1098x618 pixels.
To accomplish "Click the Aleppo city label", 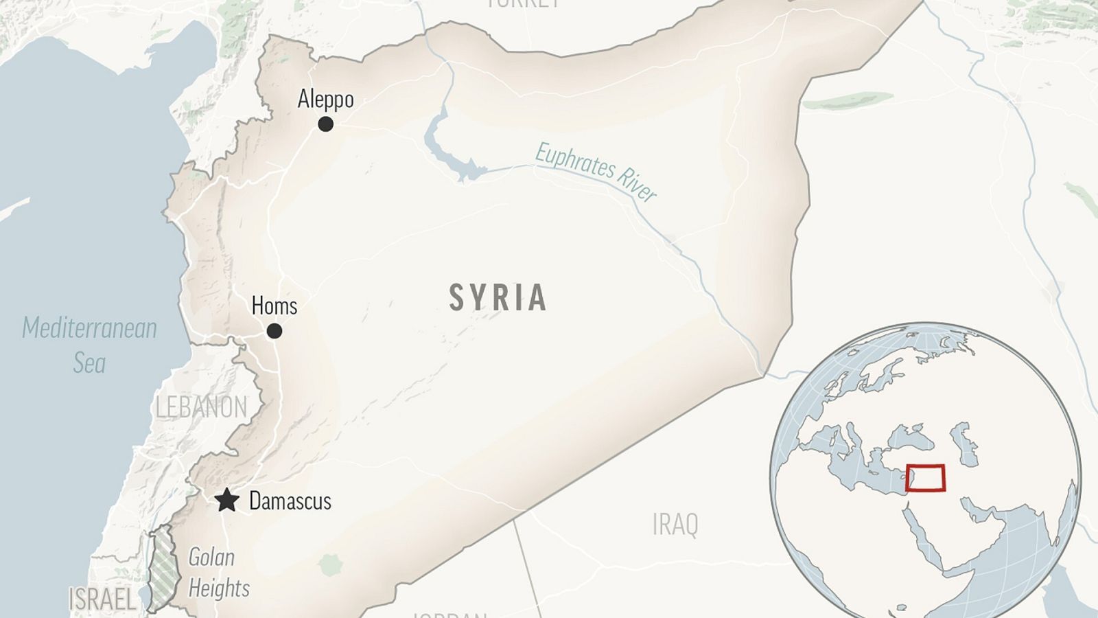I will click(325, 100).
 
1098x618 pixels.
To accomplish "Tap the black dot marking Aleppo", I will click(326, 124).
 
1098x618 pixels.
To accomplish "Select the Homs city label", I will click(274, 306).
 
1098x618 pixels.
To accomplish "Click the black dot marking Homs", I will click(274, 332).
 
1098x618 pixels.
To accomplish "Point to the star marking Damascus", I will click(226, 501).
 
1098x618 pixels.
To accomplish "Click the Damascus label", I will click(290, 501).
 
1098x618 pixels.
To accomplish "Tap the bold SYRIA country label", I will click(498, 298).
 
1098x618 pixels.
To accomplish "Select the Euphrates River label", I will click(596, 172).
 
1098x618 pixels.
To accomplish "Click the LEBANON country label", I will click(201, 408).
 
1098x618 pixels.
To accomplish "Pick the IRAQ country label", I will click(675, 525).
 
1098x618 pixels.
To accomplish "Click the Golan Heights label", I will click(218, 573).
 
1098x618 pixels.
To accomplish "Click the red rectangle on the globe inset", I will click(925, 478).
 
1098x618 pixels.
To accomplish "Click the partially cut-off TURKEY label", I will click(523, 3).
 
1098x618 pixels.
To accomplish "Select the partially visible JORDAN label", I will click(449, 613).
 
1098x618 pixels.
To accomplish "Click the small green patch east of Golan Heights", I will click(330, 565).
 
